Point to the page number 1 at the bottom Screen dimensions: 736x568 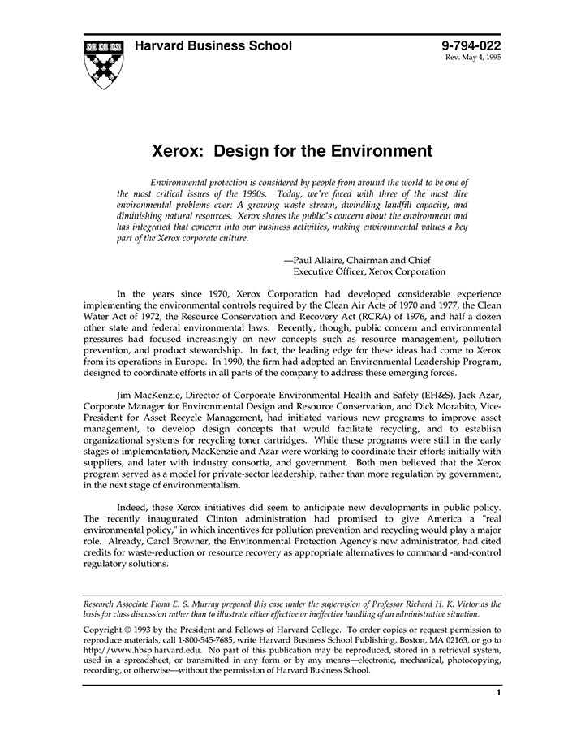pos(498,693)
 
